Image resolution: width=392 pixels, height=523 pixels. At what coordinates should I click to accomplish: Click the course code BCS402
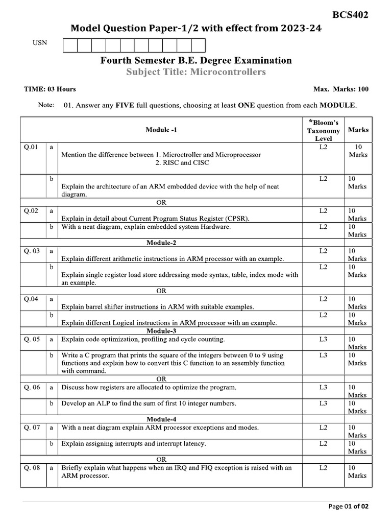click(x=350, y=15)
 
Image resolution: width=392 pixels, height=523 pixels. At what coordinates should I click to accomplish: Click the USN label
click(x=39, y=43)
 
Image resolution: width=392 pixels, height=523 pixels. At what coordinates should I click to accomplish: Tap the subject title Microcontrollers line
click(x=196, y=72)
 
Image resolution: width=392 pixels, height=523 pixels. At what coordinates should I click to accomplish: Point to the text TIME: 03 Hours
click(x=50, y=89)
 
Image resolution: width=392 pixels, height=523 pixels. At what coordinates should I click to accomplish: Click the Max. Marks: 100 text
click(x=340, y=89)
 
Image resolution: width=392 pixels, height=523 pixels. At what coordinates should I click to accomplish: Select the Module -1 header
click(x=161, y=130)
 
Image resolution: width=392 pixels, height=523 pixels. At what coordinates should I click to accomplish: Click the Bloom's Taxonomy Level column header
click(x=323, y=130)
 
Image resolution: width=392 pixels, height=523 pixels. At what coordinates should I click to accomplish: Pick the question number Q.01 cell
click(x=31, y=147)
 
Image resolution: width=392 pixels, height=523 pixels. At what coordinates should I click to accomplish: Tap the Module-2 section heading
click(x=161, y=243)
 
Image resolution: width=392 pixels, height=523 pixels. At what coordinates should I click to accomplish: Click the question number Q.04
click(x=31, y=299)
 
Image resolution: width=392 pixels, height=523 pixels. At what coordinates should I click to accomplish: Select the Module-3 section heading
click(x=161, y=331)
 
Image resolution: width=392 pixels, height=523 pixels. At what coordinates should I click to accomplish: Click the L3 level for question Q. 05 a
click(x=323, y=339)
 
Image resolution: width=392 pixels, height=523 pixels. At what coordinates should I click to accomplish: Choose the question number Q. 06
click(x=32, y=387)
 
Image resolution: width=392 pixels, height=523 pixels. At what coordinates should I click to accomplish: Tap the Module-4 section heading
click(x=161, y=419)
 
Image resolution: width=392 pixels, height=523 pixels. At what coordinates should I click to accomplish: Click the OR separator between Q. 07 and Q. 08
click(x=161, y=459)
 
